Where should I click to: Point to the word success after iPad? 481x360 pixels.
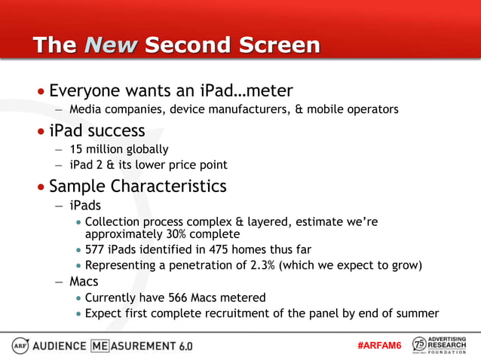tap(115, 131)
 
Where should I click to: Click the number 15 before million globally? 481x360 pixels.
tap(76, 150)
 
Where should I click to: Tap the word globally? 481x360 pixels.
tap(144, 150)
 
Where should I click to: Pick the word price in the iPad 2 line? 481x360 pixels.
tap(183, 165)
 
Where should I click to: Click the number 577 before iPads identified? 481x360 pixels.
tap(96, 249)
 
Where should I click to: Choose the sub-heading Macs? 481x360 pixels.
tap(84, 282)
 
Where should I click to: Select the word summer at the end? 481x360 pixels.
tap(418, 313)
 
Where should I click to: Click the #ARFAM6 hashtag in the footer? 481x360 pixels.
tap(379, 345)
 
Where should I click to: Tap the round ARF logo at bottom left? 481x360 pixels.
tap(20, 345)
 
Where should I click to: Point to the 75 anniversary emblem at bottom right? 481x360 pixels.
tap(419, 345)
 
